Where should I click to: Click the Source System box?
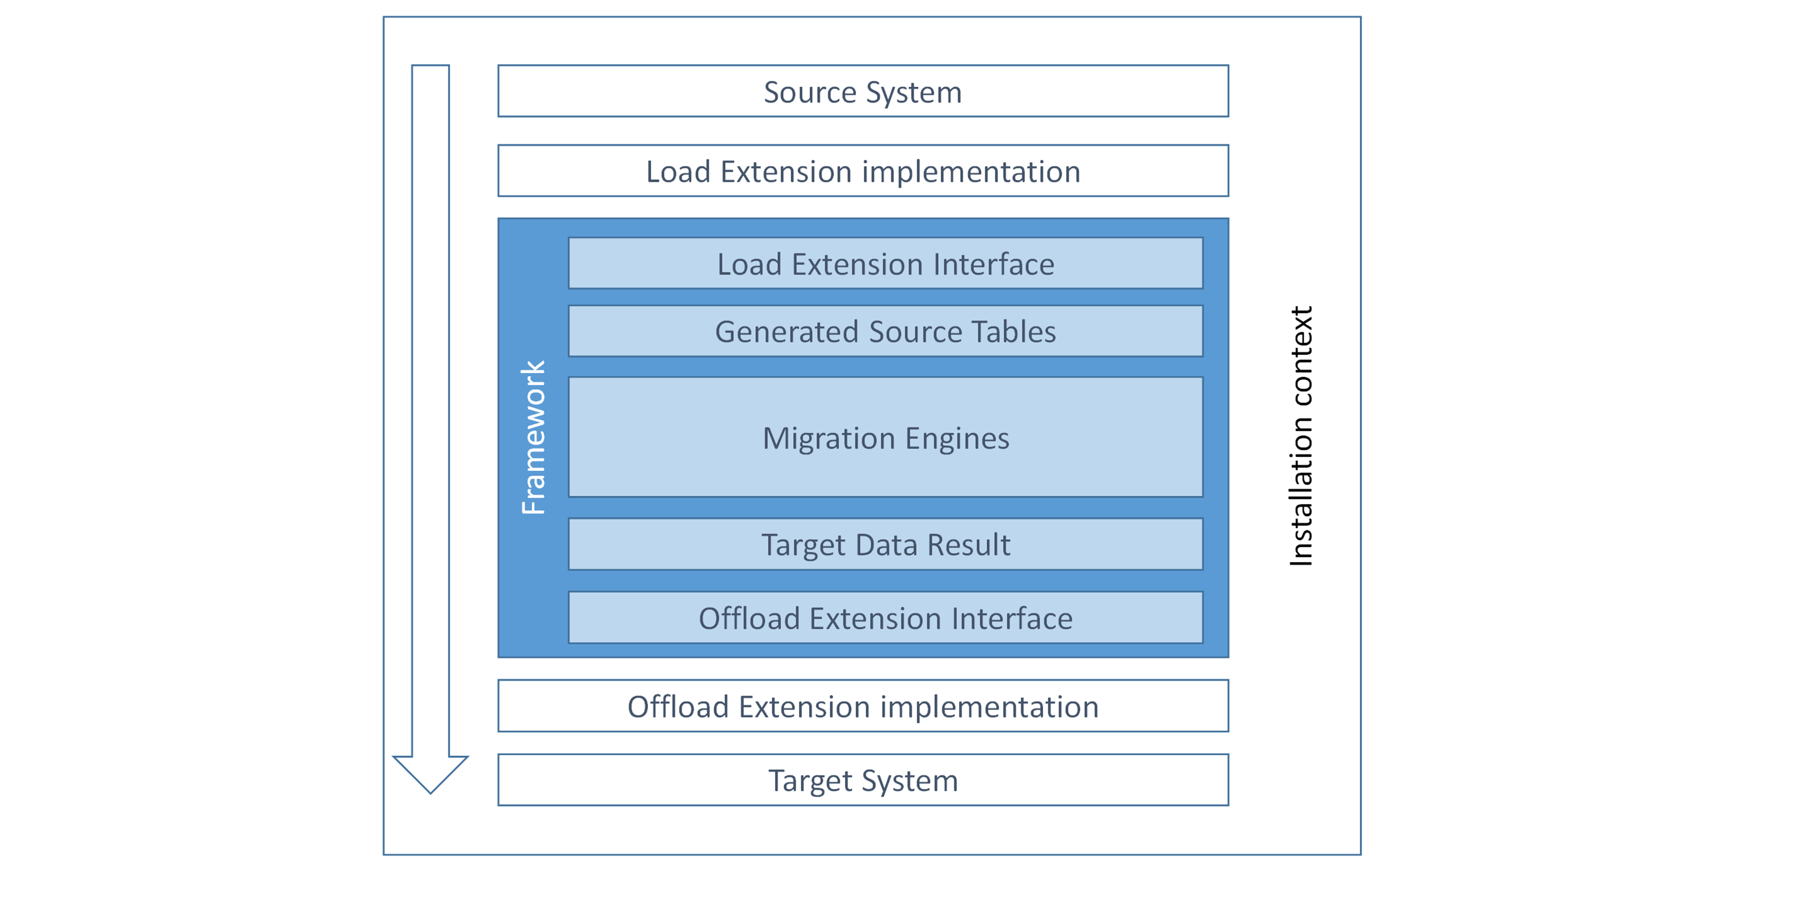tap(863, 91)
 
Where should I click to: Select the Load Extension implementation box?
tap(863, 171)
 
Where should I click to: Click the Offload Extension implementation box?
tap(863, 706)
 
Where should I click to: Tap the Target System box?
tap(863, 780)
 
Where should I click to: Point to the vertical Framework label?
tap(533, 437)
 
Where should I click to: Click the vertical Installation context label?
tap(1300, 436)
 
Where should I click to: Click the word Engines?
tap(957, 438)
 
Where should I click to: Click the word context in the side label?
tap(1300, 356)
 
